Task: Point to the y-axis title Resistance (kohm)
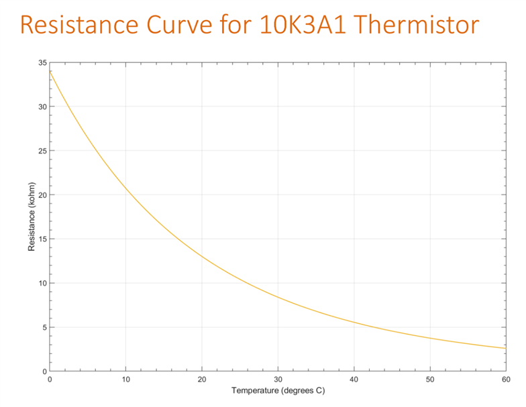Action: (x=31, y=217)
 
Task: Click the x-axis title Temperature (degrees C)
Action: (x=278, y=390)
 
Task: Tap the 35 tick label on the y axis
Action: (x=42, y=63)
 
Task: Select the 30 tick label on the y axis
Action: (x=42, y=107)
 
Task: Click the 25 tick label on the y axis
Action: (x=42, y=151)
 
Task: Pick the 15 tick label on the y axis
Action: (x=42, y=239)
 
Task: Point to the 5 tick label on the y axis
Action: (x=44, y=328)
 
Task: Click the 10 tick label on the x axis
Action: (x=125, y=380)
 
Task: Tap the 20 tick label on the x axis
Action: (x=201, y=380)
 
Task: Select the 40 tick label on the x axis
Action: (x=354, y=380)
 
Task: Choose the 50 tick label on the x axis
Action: (x=429, y=380)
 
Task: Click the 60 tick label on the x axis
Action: (x=505, y=380)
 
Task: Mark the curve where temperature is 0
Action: (x=50, y=71)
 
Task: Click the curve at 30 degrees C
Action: (x=278, y=297)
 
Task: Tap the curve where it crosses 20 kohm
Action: (x=129, y=195)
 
